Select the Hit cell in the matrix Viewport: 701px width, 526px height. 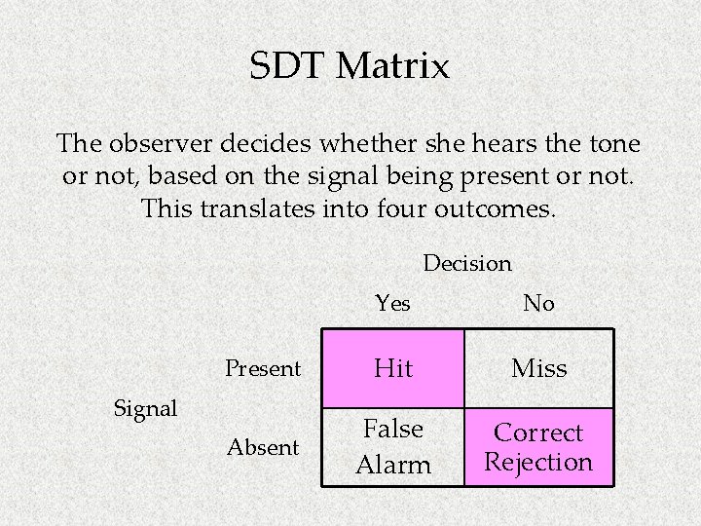[x=393, y=368]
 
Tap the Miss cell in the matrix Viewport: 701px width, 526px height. [x=538, y=368]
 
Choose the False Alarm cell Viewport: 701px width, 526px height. [x=393, y=447]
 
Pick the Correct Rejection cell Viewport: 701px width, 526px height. [x=538, y=447]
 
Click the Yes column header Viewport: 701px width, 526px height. [x=393, y=304]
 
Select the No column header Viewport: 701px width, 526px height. [x=538, y=304]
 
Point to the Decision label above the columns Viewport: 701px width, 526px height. [x=467, y=263]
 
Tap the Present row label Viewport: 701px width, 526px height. [x=263, y=368]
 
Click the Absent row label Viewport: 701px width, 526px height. [x=263, y=448]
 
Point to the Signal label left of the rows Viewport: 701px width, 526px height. [x=146, y=409]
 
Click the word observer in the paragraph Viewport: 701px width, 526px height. [x=161, y=144]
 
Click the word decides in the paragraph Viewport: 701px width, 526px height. [x=275, y=144]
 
